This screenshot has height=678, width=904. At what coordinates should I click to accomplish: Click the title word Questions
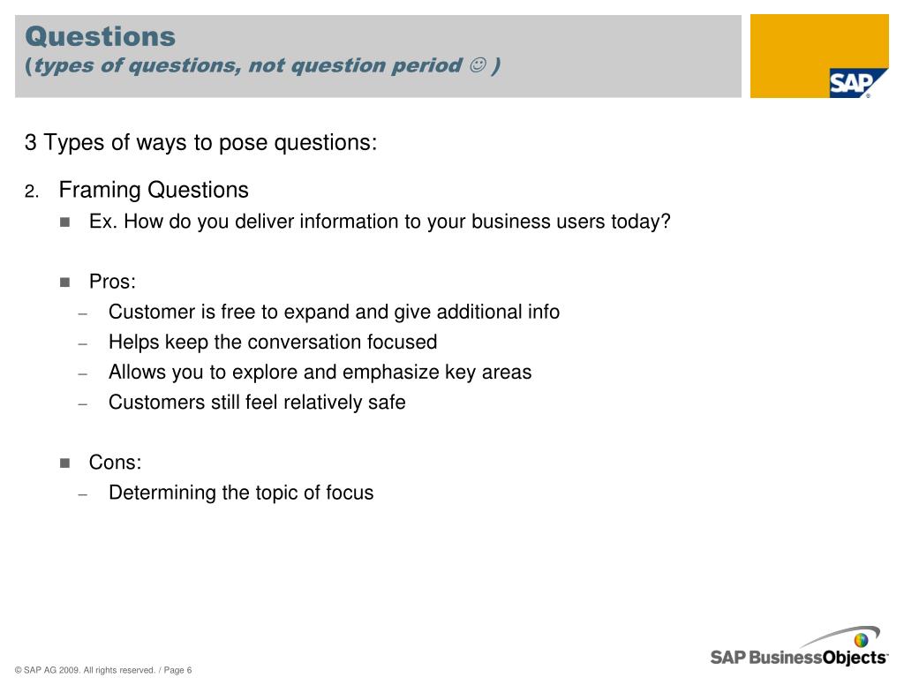101,36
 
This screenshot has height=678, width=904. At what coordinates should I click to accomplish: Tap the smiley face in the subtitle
478,65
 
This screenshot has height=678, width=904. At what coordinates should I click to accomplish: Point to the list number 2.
32,192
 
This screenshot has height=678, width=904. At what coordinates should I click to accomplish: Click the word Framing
101,191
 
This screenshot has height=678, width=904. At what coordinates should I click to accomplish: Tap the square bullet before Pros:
64,282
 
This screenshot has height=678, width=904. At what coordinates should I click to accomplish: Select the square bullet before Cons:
64,463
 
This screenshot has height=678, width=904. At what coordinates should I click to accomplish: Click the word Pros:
112,282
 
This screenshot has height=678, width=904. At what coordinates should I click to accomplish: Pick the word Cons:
116,462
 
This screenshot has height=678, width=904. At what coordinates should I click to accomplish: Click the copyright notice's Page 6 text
177,670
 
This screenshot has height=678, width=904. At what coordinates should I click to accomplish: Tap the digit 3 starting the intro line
31,142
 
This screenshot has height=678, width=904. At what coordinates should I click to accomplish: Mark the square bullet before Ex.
64,222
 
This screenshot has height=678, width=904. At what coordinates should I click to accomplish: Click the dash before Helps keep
83,344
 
